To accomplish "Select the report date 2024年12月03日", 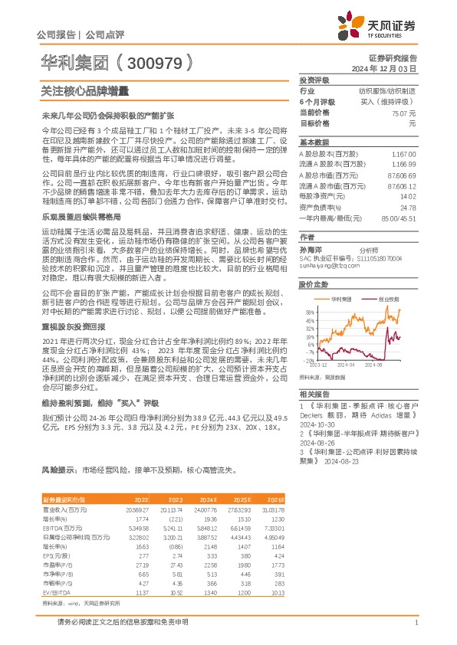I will tap(394, 68).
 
